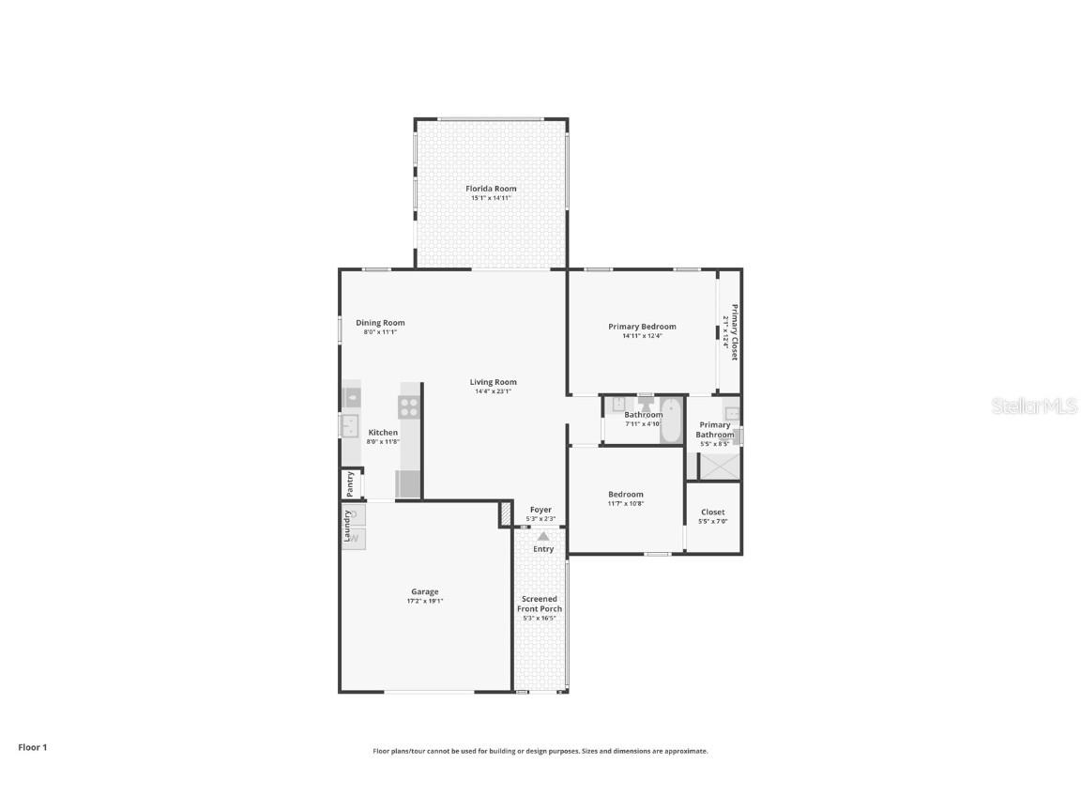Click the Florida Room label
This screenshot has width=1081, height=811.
491,189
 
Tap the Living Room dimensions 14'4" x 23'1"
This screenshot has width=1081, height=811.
493,391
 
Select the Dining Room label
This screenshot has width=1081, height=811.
380,323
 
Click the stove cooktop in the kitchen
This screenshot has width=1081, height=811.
409,406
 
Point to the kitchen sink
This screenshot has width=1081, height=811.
350,426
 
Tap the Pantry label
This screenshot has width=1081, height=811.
350,484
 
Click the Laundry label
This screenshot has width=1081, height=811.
347,526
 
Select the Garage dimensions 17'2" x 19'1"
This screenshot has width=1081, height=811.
424,601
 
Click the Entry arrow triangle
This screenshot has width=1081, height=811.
543,536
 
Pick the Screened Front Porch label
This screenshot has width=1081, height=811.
540,604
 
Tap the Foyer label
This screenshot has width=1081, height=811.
540,510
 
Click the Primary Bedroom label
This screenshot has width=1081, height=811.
642,327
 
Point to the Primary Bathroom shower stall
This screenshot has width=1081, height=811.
720,466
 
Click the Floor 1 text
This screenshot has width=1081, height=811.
32,747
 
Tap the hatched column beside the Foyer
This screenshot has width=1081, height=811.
505,513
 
